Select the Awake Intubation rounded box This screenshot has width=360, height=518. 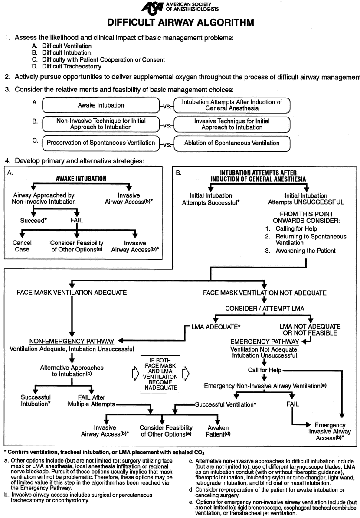pos(101,105)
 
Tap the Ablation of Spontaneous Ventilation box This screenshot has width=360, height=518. pos(232,143)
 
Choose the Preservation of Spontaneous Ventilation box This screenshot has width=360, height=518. pos(101,143)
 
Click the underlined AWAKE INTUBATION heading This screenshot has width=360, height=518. pos(82,179)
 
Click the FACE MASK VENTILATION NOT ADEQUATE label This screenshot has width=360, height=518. pos(262,293)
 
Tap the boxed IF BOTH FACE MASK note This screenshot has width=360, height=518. pos(160,374)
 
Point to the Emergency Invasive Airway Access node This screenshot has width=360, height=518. pos(330,431)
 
